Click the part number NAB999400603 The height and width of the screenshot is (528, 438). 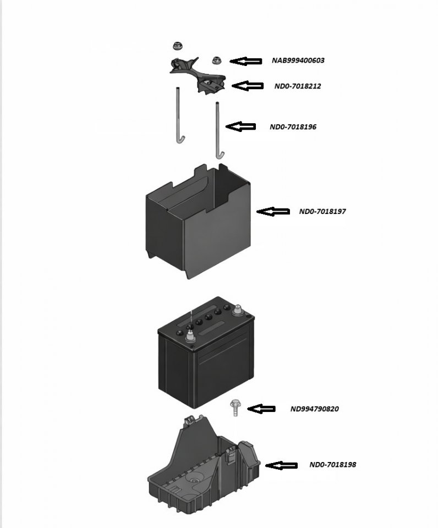[298, 61]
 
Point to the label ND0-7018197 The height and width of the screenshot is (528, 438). [322, 211]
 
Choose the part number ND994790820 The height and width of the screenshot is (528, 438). [315, 409]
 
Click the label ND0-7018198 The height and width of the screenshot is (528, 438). [332, 465]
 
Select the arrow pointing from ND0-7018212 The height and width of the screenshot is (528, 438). [248, 86]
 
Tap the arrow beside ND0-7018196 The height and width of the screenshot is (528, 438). [241, 127]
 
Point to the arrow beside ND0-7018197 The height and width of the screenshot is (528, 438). [273, 211]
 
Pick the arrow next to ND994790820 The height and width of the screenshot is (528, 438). [261, 409]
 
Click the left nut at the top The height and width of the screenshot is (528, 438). [178, 46]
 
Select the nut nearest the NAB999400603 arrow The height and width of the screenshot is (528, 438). [216, 60]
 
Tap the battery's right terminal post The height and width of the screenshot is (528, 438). [238, 311]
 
